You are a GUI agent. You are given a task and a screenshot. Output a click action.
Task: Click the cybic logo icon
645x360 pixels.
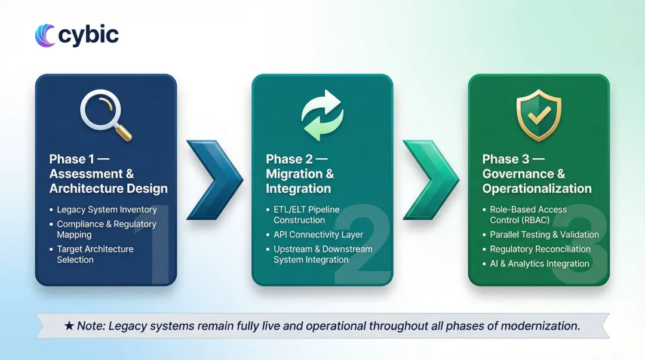(x=45, y=35)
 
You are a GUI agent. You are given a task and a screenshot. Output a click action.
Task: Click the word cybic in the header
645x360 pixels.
(x=88, y=35)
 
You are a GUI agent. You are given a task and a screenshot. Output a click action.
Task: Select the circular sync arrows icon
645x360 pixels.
(x=322, y=116)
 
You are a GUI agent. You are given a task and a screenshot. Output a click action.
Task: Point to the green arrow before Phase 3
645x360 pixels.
(x=430, y=173)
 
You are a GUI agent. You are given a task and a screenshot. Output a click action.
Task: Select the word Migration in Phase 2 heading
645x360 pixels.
(x=295, y=174)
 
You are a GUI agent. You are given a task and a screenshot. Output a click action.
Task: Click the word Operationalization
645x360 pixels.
(x=537, y=189)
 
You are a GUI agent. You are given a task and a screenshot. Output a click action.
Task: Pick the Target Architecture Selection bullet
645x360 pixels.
(x=94, y=254)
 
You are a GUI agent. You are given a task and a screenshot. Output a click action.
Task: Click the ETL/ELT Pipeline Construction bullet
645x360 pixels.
(x=306, y=215)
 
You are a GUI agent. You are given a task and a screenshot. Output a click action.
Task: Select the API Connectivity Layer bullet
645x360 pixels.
(x=318, y=235)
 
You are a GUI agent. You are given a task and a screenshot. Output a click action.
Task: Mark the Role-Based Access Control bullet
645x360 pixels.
(x=528, y=215)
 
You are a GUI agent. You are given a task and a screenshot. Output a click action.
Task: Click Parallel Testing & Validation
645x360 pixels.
(x=544, y=235)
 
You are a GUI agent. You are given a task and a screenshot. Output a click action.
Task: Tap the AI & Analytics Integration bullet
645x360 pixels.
(x=539, y=263)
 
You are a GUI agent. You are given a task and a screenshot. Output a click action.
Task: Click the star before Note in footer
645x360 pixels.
(x=69, y=327)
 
